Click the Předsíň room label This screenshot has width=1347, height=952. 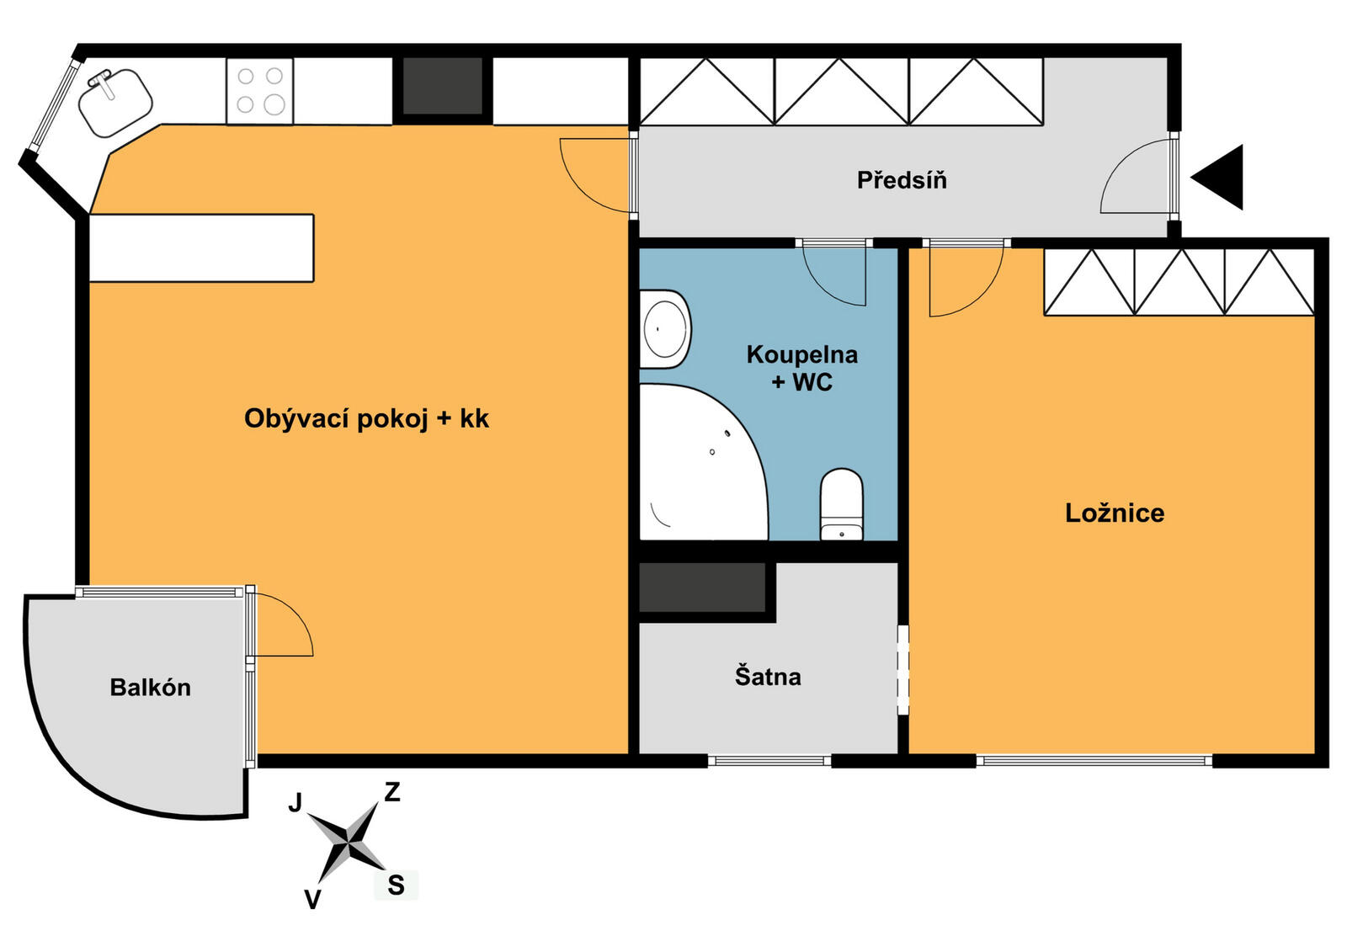point(902,180)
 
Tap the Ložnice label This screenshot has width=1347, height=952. point(1115,513)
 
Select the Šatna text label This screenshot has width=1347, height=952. point(768,676)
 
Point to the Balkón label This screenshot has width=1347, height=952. point(151,688)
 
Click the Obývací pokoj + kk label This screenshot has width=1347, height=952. point(366,418)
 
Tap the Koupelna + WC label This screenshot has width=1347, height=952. point(802,368)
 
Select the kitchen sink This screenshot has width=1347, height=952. point(114,102)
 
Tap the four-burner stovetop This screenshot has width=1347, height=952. point(260,92)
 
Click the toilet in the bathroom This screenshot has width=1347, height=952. point(842,504)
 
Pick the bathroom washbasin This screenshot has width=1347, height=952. point(665,330)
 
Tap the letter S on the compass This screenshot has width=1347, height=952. point(396,886)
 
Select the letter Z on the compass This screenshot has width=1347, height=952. point(392,792)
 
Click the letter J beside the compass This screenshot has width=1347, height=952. point(295,802)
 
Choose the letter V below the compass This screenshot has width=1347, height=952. point(312,900)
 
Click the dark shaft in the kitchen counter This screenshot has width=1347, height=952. point(443,85)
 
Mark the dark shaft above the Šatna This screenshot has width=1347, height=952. point(702,588)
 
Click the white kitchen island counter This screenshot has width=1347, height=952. point(201,247)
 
